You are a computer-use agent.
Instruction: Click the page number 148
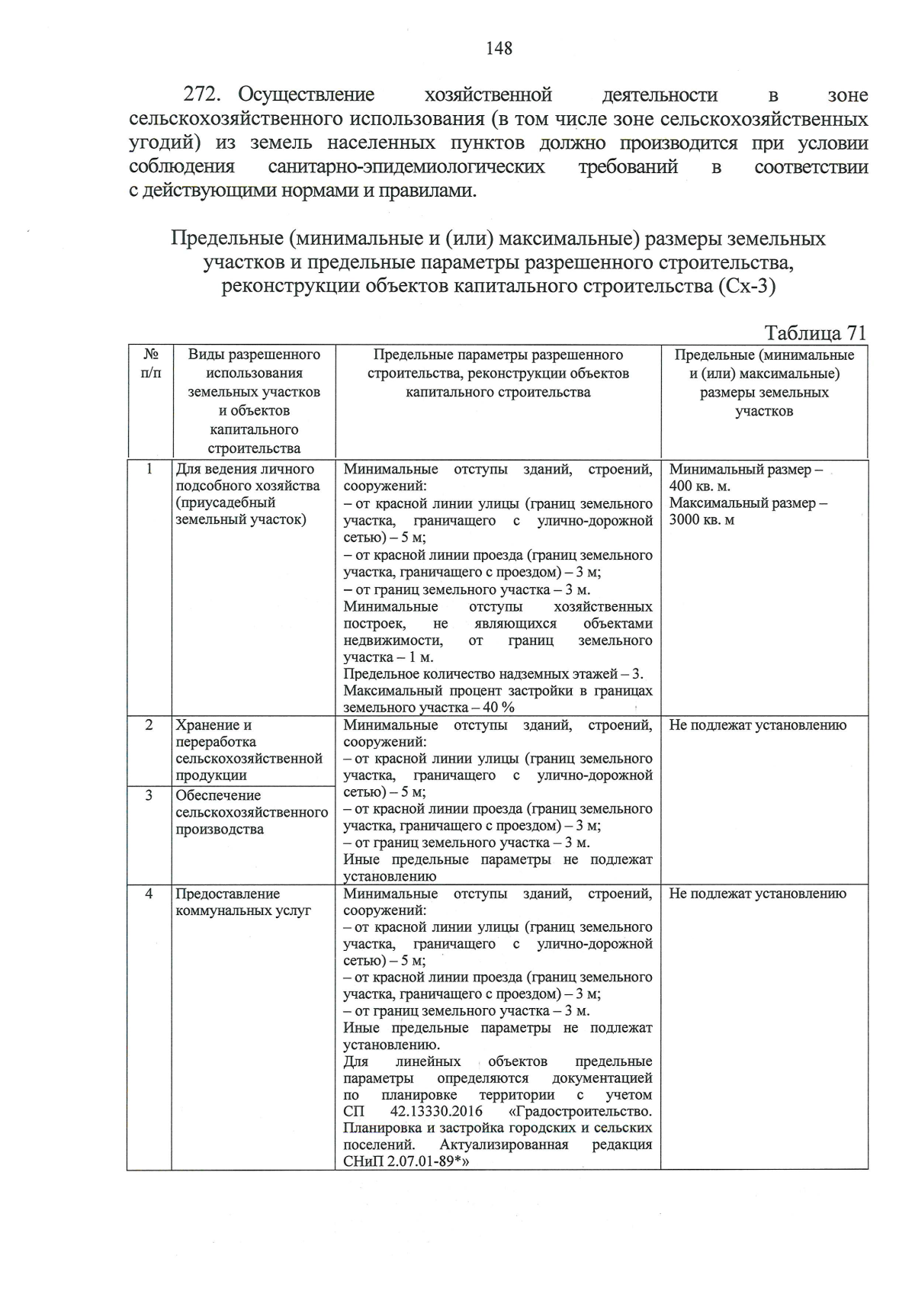pos(499,49)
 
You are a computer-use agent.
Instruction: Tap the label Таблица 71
pos(815,333)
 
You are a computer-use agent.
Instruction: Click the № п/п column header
pos(150,364)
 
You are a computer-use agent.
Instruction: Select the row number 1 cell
pos(149,469)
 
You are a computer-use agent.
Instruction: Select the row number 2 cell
pos(149,725)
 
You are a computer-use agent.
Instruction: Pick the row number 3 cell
pos(149,795)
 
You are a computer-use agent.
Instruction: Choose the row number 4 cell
pos(149,894)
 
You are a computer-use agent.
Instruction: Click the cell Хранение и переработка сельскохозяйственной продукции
pos(249,750)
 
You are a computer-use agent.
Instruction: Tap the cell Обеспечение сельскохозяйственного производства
pos(252,812)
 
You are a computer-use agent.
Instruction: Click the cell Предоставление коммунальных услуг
pos(242,902)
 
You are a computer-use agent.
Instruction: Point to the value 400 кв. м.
pos(701,486)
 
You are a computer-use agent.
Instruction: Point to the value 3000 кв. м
pos(702,520)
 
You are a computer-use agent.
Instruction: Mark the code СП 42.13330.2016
pos(418,1112)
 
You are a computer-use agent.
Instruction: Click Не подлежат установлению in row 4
pos(757,894)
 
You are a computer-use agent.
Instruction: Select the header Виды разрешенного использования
pos(254,364)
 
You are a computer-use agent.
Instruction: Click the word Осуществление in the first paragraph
pos(307,95)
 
